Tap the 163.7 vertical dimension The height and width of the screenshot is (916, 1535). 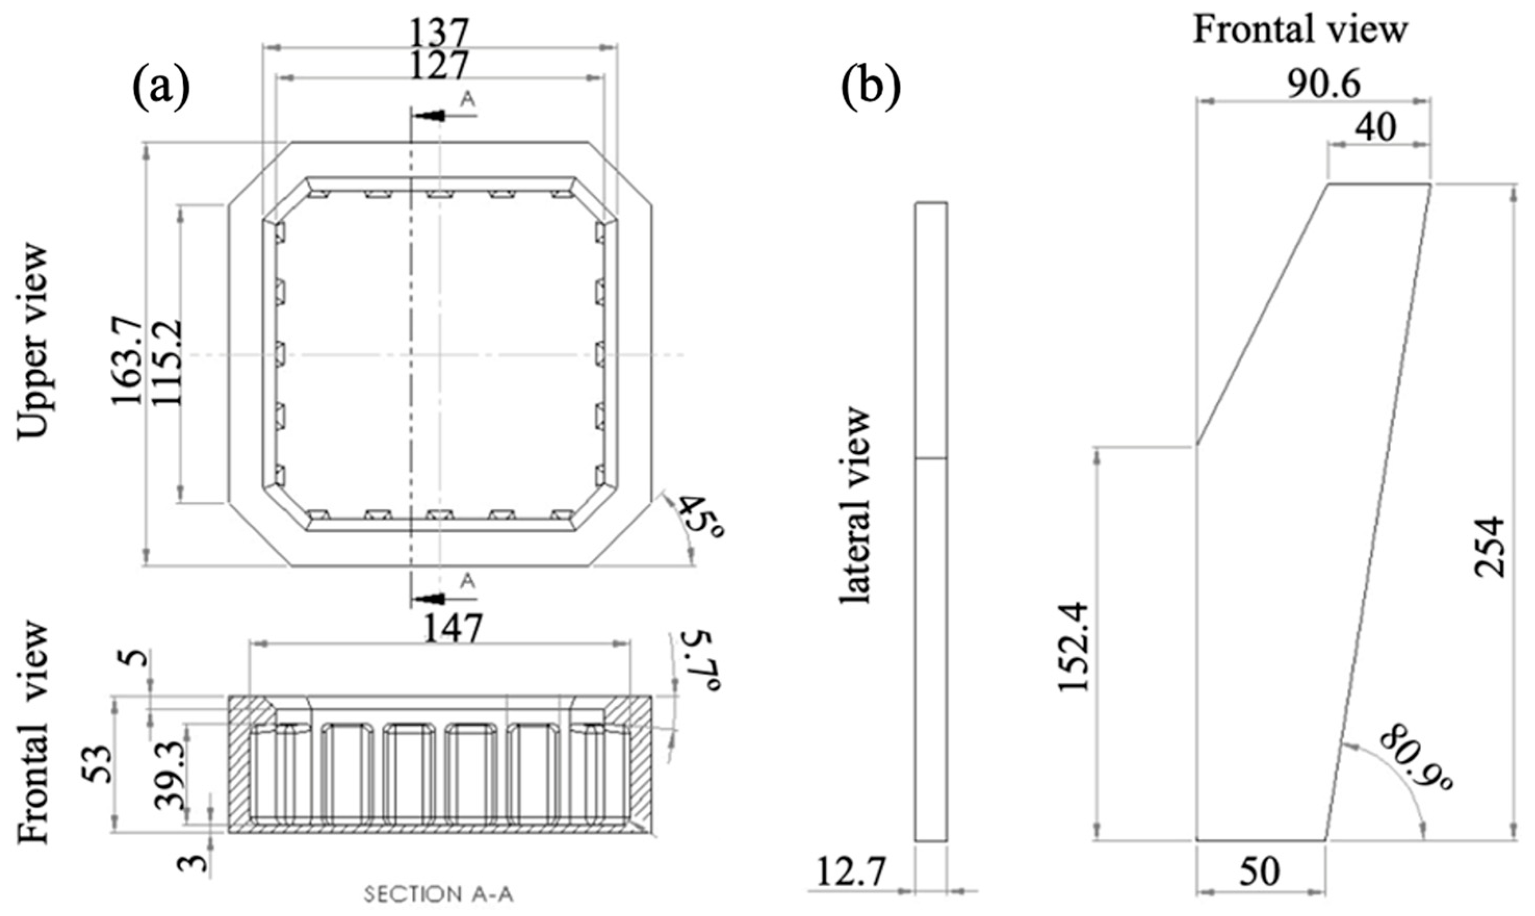tap(126, 360)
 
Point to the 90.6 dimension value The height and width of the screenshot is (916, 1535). tap(1323, 85)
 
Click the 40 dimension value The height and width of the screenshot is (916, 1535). tap(1376, 128)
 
